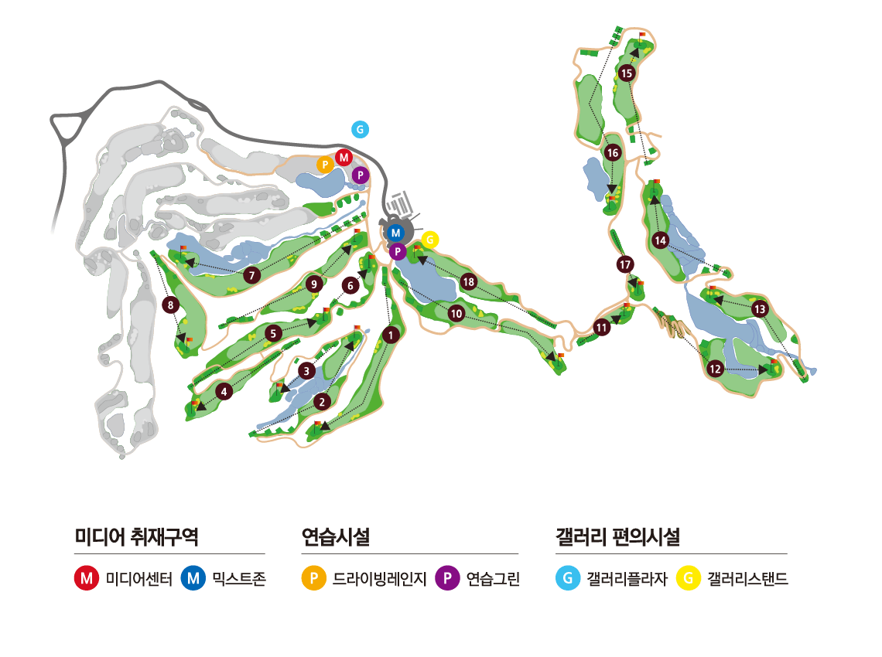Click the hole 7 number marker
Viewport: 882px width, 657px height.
tap(251, 275)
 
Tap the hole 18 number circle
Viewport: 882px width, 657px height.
tap(468, 282)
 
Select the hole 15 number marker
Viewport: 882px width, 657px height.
tap(627, 73)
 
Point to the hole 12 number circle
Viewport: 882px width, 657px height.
tap(715, 369)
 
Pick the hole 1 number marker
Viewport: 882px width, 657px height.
tap(392, 335)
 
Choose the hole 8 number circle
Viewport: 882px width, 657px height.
tap(171, 305)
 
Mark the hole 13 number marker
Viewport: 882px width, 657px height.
tap(759, 309)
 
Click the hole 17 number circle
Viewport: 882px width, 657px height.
tap(626, 265)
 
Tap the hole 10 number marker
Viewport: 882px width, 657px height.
tap(456, 313)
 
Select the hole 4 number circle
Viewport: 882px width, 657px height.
tap(224, 392)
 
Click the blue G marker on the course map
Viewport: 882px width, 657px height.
tap(360, 129)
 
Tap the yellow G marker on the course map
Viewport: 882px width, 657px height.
tap(429, 240)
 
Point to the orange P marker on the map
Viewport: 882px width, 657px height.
tap(326, 164)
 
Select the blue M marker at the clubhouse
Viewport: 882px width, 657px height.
tap(395, 233)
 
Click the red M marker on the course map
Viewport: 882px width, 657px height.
tap(344, 158)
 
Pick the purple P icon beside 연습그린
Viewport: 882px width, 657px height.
tap(446, 578)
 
